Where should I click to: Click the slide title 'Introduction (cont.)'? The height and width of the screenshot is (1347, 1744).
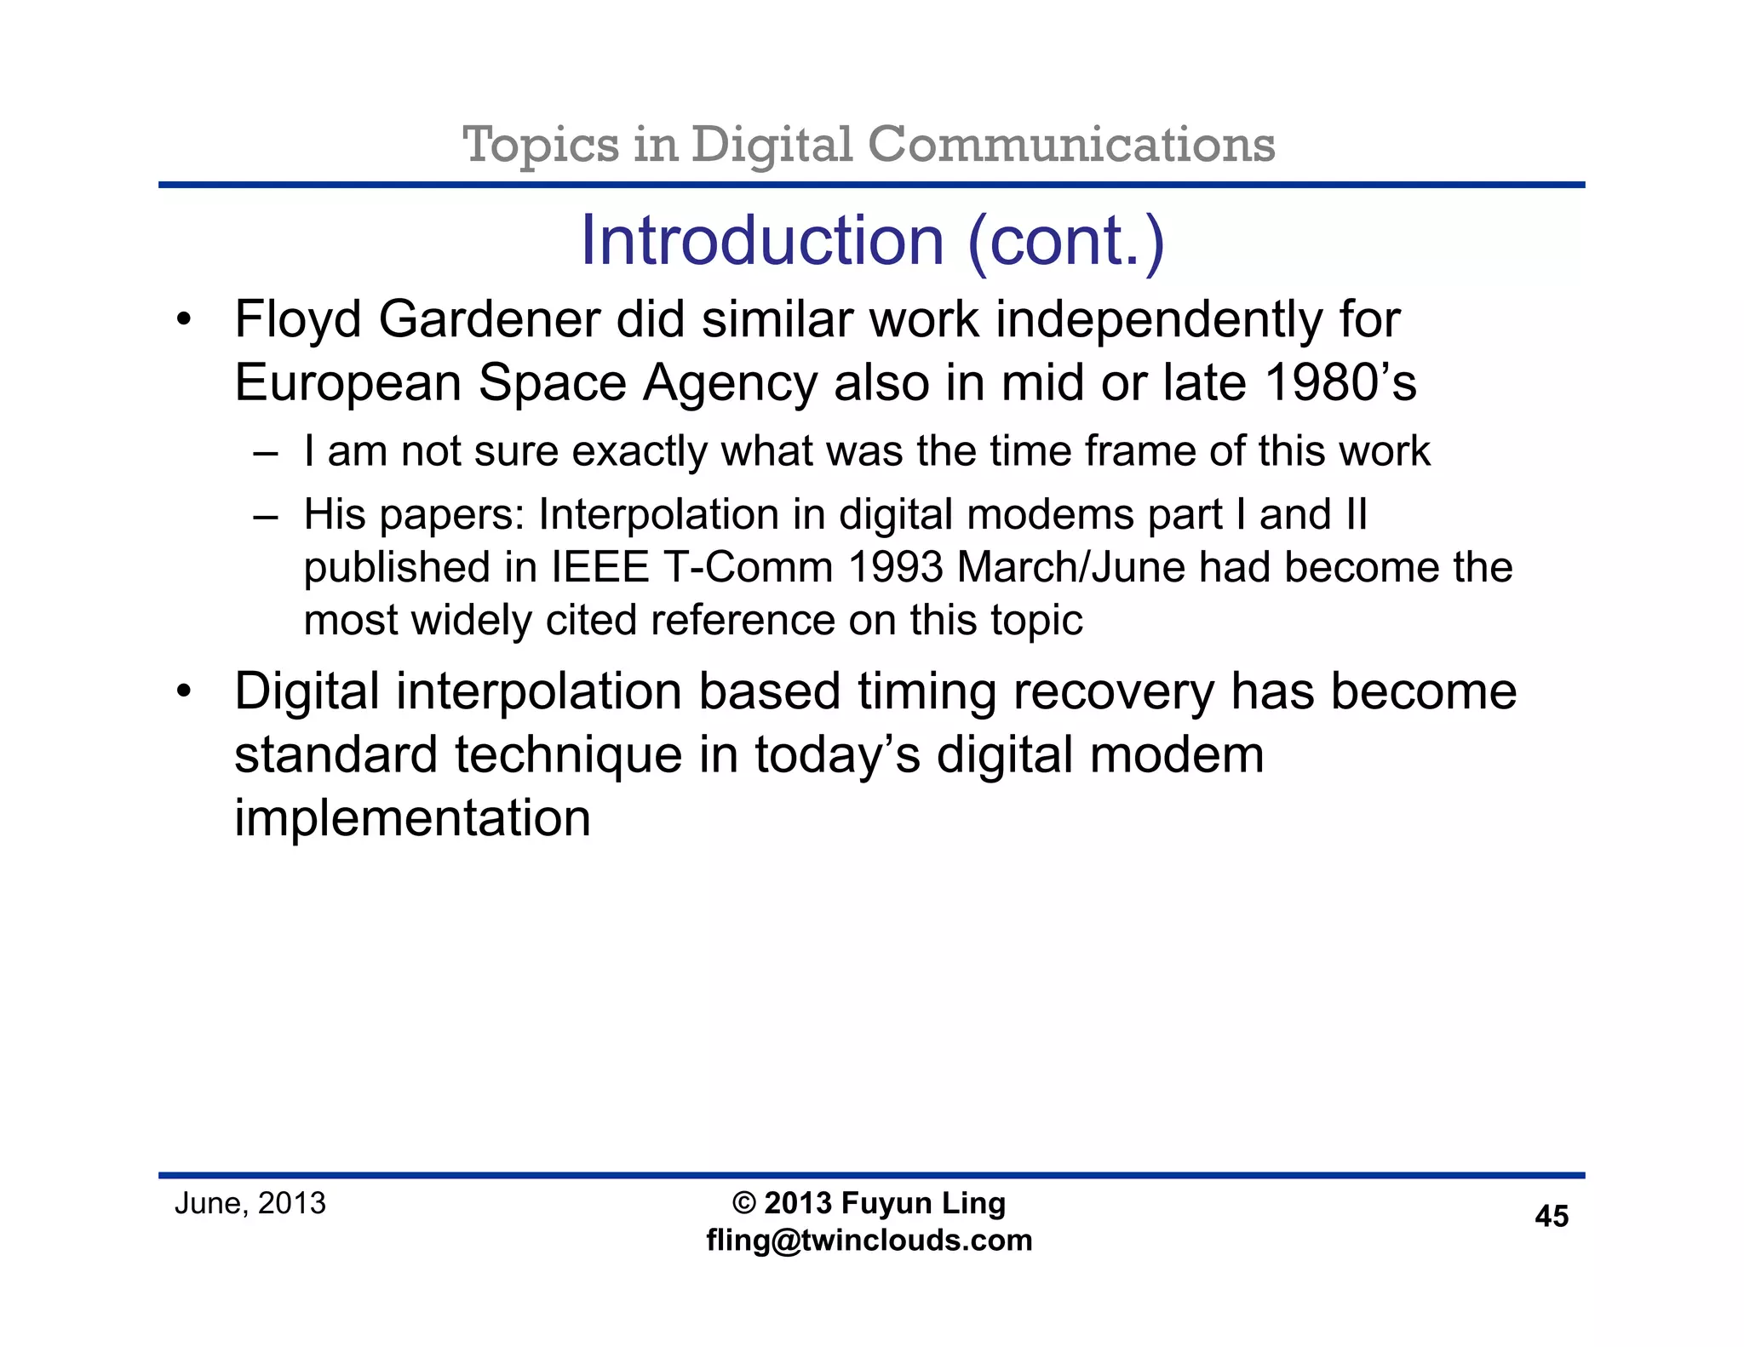pyautogui.click(x=872, y=241)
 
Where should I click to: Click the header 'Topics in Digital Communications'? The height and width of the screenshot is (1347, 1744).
pyautogui.click(x=869, y=144)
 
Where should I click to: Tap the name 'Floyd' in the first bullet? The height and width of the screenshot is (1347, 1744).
pyautogui.click(x=298, y=320)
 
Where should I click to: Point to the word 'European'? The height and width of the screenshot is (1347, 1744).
pyautogui.click(x=347, y=383)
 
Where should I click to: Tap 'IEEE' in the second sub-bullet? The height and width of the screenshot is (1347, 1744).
pyautogui.click(x=600, y=568)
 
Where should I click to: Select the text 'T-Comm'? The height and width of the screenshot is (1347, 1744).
pyautogui.click(x=747, y=568)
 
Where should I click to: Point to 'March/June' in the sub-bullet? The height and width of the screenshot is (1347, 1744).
pyautogui.click(x=1070, y=568)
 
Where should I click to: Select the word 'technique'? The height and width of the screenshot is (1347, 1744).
pyautogui.click(x=569, y=755)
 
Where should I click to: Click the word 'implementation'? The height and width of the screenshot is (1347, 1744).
pyautogui.click(x=412, y=818)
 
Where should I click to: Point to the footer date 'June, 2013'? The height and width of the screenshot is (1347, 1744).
pyautogui.click(x=250, y=1203)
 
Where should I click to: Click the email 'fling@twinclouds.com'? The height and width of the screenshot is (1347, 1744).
pyautogui.click(x=869, y=1240)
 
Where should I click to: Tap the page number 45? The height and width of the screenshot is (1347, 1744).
pyautogui.click(x=1551, y=1217)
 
